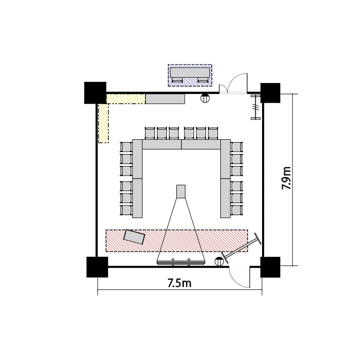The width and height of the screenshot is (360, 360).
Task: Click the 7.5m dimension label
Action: [x=180, y=283]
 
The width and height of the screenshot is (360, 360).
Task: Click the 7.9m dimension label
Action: [x=286, y=178]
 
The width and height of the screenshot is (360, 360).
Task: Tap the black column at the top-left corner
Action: [x=96, y=93]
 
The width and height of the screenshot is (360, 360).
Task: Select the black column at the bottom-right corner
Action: [x=270, y=267]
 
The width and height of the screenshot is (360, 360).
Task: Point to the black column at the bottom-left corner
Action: [x=97, y=267]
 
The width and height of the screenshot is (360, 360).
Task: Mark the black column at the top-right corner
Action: [x=270, y=93]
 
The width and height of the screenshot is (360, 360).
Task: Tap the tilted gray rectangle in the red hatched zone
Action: [x=134, y=237]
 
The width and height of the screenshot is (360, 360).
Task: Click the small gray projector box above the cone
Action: [x=180, y=192]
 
